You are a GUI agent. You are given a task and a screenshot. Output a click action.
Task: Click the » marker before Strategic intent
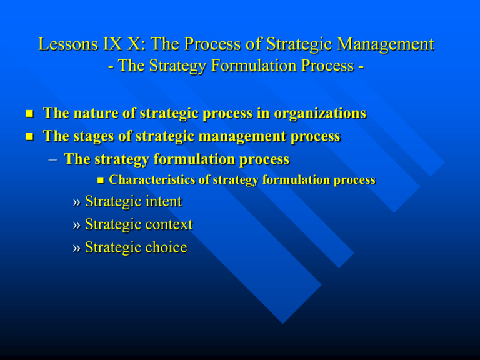pos(76,202)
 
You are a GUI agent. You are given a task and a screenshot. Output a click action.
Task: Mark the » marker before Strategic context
pos(76,225)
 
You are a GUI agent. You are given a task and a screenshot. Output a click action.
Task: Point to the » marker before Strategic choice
pos(76,248)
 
